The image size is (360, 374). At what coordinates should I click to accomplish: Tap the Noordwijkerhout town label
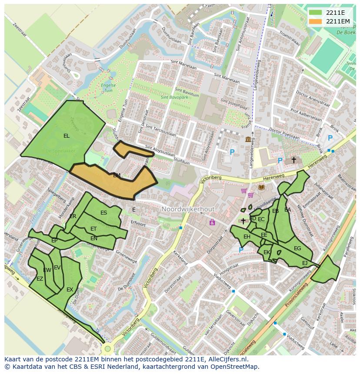[188, 209]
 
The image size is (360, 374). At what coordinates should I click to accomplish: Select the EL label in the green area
[66, 136]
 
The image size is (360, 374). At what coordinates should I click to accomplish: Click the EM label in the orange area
[117, 175]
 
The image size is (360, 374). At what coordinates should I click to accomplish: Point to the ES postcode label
[103, 213]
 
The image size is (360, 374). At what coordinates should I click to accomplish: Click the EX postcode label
[70, 289]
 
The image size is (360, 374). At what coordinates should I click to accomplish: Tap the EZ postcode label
[40, 279]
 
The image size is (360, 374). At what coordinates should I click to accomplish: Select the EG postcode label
[297, 248]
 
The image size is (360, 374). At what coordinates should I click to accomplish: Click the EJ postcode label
[304, 263]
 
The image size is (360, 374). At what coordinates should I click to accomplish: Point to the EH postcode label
[247, 237]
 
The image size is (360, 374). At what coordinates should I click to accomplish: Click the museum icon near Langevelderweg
[248, 139]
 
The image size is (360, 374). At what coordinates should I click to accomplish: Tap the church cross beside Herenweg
[293, 160]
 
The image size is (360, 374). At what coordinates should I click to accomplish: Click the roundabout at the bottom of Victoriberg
[107, 348]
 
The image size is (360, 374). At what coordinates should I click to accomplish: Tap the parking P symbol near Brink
[330, 138]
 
